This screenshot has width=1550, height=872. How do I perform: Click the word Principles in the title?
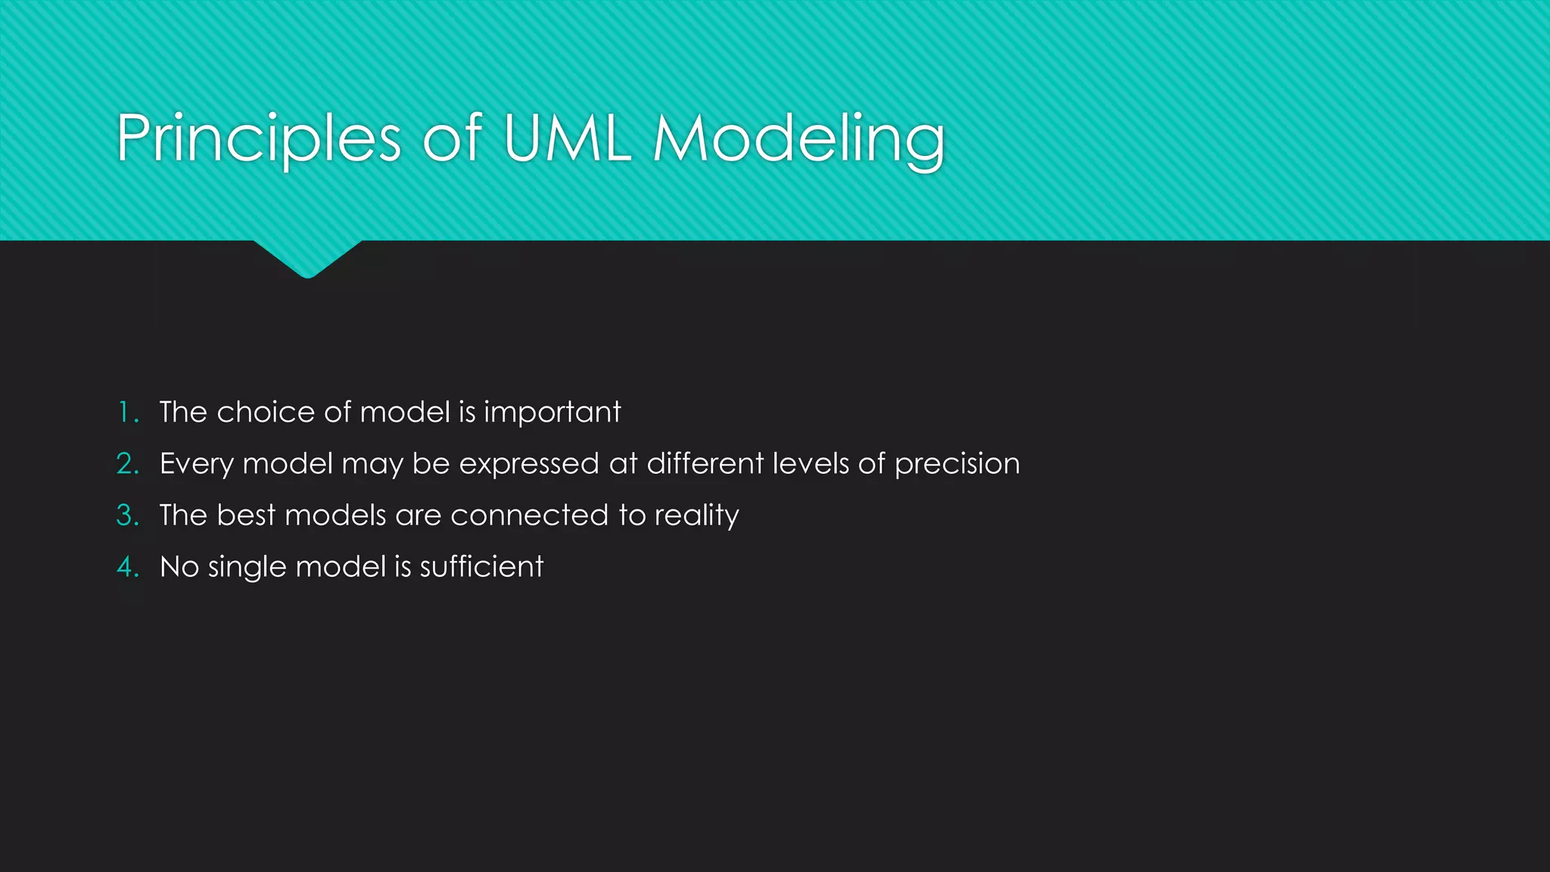click(258, 139)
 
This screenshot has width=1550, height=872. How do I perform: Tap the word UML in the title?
click(567, 139)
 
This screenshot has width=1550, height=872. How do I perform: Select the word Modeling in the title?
click(798, 139)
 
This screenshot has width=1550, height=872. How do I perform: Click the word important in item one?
click(552, 413)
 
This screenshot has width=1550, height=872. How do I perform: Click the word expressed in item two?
click(529, 464)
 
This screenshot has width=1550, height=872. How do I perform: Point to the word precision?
click(957, 464)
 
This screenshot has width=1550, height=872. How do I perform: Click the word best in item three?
click(246, 515)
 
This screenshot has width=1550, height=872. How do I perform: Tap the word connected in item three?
click(529, 515)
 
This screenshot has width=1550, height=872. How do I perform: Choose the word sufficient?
click(481, 567)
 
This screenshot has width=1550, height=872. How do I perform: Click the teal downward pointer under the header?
click(307, 257)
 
